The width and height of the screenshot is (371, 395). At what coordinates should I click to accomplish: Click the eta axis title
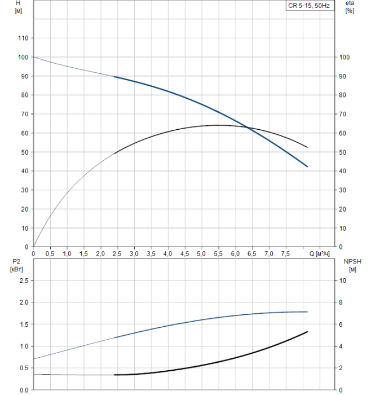tap(350, 7)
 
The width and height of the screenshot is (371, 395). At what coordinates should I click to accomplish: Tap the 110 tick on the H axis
tap(23, 38)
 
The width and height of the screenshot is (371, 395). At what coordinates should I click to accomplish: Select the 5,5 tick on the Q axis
tap(218, 254)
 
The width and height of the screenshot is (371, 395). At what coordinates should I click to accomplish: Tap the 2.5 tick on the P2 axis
tap(23, 280)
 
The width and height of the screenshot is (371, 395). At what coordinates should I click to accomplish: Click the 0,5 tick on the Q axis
tap(50, 254)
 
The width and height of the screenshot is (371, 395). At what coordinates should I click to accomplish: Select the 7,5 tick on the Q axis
tap(285, 254)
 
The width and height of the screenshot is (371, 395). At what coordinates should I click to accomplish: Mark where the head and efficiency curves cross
tap(249, 128)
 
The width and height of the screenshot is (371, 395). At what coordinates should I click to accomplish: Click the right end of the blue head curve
tap(307, 166)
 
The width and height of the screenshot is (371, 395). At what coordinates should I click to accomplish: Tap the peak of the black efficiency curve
tap(218, 125)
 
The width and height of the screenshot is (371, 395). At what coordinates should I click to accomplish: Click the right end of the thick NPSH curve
tap(307, 332)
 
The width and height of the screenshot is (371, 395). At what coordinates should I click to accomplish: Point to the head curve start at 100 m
tap(34, 57)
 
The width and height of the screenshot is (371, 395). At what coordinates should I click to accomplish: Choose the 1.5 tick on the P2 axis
tap(23, 324)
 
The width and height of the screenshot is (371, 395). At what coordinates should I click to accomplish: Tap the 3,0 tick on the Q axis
tap(134, 254)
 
